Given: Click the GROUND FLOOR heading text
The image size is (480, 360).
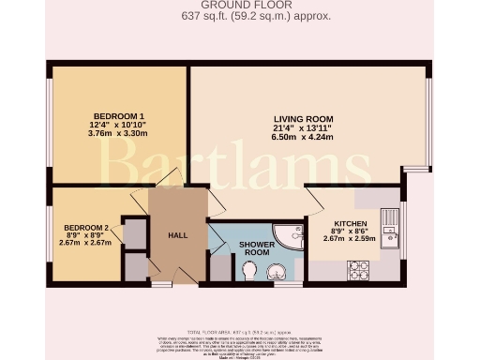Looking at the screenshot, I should pyautogui.click(x=240, y=6).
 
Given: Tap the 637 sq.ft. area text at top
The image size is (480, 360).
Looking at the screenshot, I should pyautogui.click(x=240, y=17).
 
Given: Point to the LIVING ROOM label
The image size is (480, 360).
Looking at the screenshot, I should pyautogui.click(x=303, y=118).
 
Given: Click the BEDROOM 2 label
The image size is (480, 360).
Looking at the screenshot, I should pyautogui.click(x=87, y=228).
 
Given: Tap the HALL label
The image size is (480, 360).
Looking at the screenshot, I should pyautogui.click(x=177, y=236).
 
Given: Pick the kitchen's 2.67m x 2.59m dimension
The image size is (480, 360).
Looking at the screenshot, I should pyautogui.click(x=349, y=239).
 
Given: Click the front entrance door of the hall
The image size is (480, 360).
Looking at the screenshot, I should pyautogui.click(x=162, y=281).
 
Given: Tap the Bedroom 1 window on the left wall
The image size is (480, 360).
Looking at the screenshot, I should pyautogui.click(x=50, y=124).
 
